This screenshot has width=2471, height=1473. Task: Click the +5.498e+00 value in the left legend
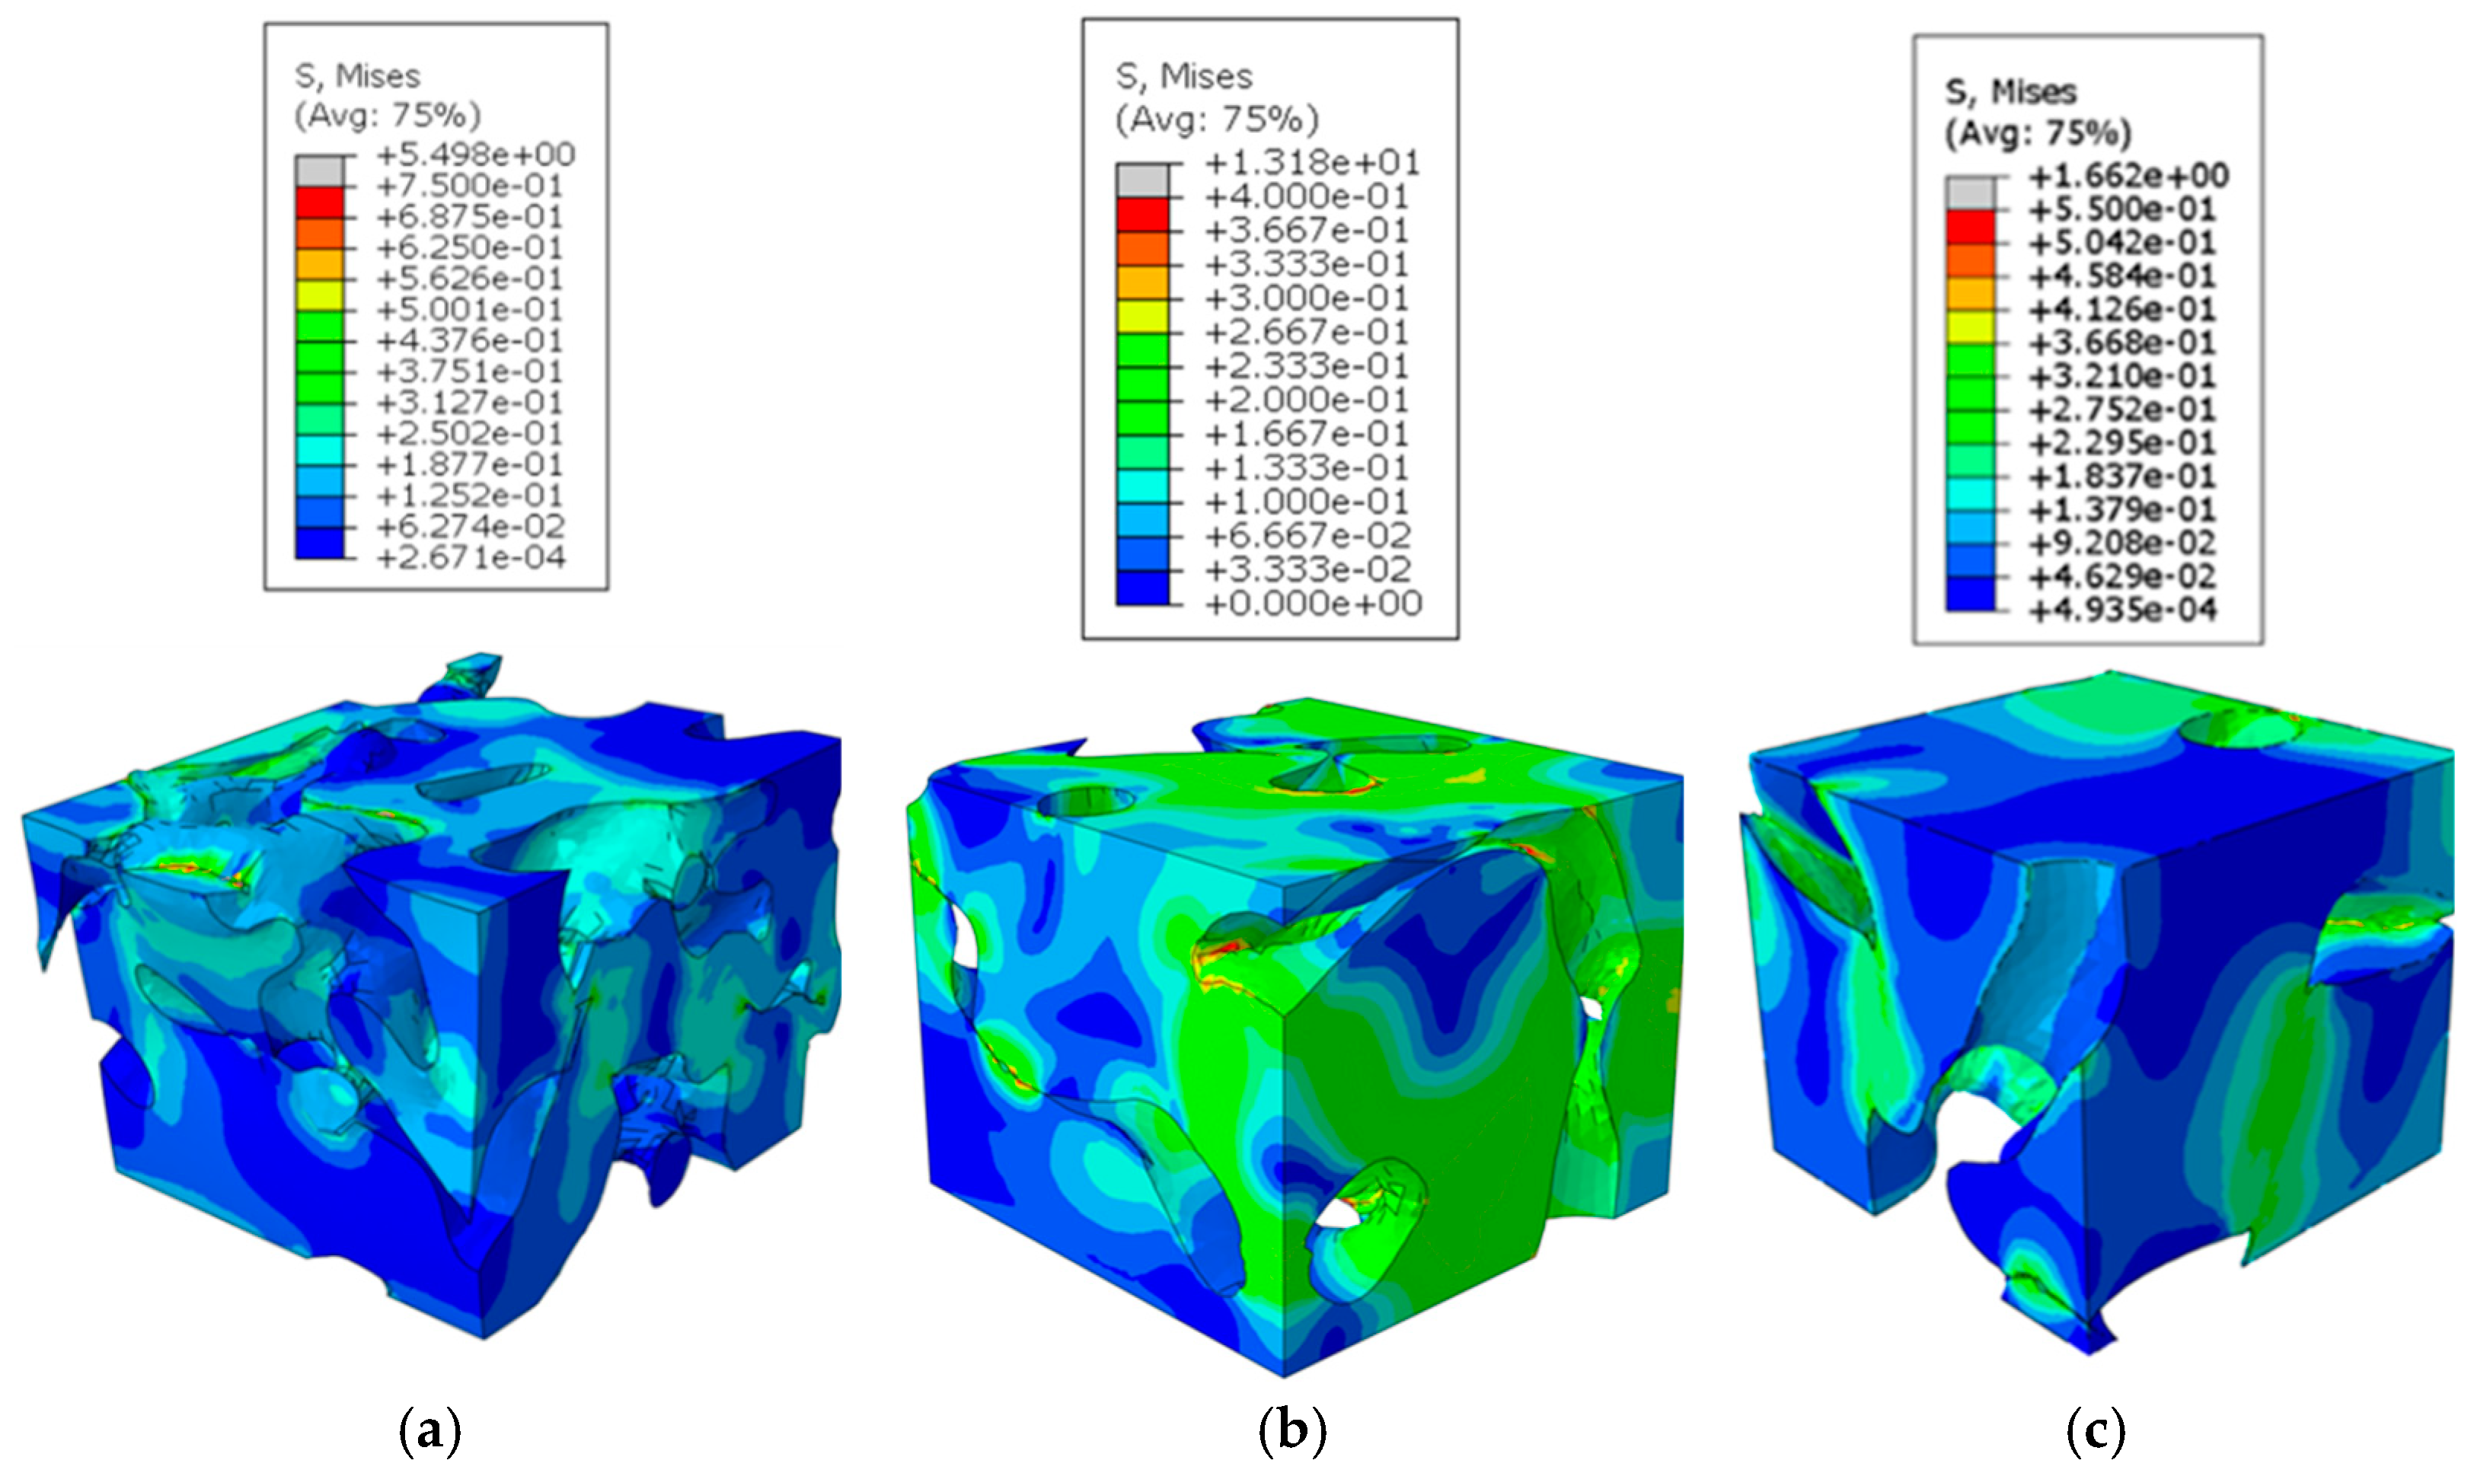(x=475, y=155)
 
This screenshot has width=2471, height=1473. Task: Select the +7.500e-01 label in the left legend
(x=470, y=186)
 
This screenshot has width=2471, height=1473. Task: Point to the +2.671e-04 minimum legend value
(x=471, y=558)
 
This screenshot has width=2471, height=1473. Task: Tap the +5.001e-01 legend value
(x=470, y=310)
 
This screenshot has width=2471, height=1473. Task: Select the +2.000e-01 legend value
(x=1307, y=400)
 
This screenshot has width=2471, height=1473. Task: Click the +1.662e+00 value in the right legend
(x=2128, y=177)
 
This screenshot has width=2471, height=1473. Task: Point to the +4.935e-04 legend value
(x=2122, y=610)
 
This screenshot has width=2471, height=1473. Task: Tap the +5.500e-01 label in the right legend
(x=2122, y=210)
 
